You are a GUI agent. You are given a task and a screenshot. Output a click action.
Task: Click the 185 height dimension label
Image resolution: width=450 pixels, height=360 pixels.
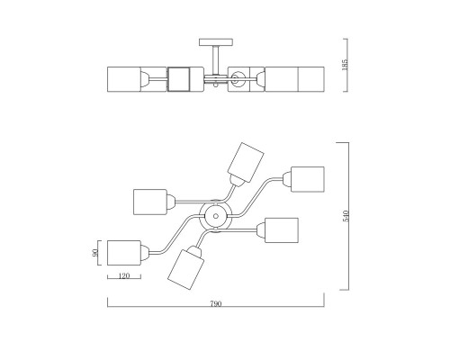point(345,65)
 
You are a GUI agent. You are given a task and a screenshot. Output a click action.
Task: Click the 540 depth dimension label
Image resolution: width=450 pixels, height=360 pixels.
point(346,216)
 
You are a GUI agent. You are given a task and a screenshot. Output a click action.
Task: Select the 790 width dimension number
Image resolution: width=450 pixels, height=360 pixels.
point(216,303)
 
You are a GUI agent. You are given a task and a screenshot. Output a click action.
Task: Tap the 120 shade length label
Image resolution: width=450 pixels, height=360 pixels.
point(124,275)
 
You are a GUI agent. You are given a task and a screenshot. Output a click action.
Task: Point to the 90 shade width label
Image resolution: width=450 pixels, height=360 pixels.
point(94,253)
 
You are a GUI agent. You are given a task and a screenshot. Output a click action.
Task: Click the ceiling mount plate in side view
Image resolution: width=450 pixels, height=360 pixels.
point(216,42)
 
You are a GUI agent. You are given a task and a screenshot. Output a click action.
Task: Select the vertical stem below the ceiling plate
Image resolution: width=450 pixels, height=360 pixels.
point(216,60)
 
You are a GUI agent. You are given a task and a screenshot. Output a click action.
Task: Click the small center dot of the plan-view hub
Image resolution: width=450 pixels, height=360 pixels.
point(216,216)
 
